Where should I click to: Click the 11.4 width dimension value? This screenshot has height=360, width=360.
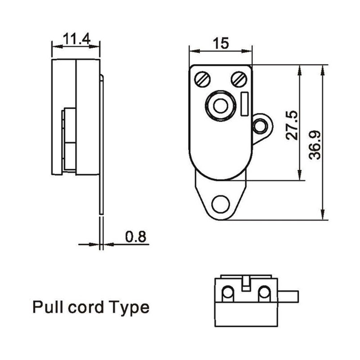76,38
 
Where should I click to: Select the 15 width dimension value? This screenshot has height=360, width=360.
220,43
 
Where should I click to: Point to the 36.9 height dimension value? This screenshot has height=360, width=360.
316,144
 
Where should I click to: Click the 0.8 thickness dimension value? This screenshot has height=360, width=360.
136,237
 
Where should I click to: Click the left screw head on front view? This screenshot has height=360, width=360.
202,79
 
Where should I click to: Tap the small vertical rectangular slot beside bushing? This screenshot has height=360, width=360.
245,104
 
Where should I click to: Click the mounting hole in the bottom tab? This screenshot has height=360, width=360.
220,203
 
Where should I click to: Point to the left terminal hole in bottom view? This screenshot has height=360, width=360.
227,293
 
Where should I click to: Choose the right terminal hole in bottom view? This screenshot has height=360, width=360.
265,293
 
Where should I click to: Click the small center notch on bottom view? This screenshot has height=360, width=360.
246,284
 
